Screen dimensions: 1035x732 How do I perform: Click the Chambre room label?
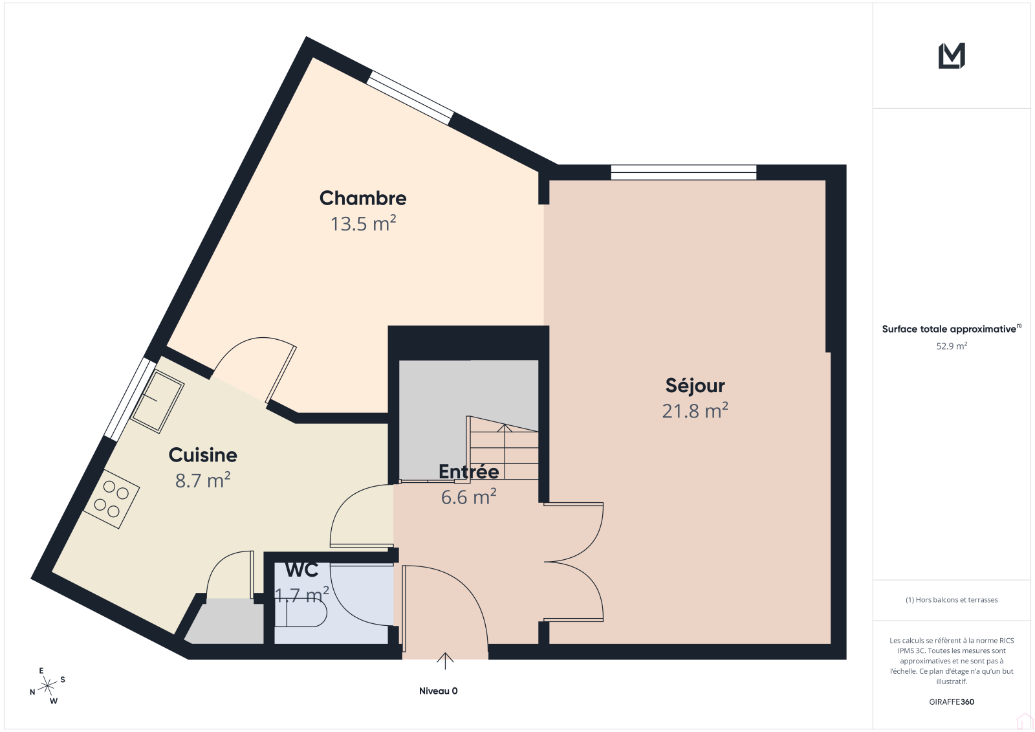[x=363, y=199]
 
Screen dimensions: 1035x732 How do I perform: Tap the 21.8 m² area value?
[x=695, y=410]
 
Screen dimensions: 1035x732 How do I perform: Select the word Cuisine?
[x=203, y=455]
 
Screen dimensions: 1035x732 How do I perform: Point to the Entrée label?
[x=468, y=471]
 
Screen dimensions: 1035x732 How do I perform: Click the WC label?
[x=301, y=570]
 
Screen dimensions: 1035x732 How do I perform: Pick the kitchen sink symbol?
[x=157, y=401]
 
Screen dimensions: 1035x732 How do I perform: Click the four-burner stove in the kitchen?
[x=111, y=499]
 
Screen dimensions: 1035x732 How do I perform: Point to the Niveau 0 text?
[x=438, y=691]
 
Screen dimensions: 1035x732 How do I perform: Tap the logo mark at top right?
[x=952, y=56]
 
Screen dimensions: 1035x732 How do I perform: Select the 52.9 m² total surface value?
[x=952, y=346]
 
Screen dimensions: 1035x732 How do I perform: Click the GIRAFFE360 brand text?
[x=952, y=702]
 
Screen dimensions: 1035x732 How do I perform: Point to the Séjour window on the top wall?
[x=683, y=172]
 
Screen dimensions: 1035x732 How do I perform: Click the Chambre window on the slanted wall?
[x=410, y=98]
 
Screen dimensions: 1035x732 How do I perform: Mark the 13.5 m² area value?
[x=363, y=224]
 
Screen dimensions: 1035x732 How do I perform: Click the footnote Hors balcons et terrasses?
[x=952, y=600]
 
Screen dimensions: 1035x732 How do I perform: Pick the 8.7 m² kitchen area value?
[x=203, y=480]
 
